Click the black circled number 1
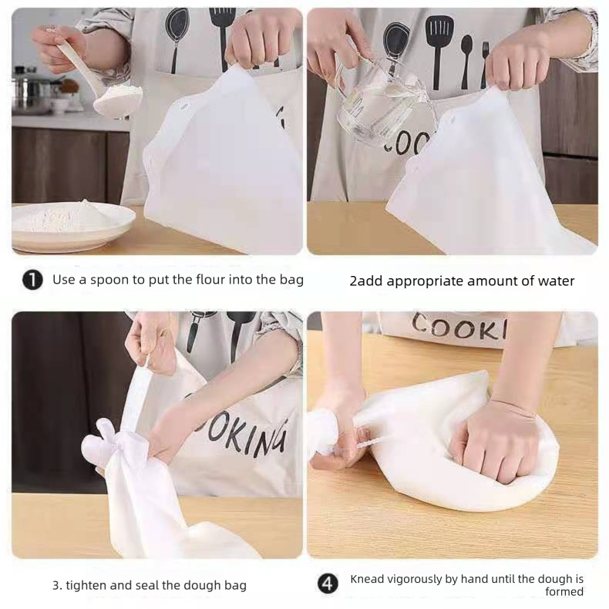[32, 280]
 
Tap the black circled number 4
[328, 584]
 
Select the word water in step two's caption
[556, 281]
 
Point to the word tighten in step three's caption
[86, 585]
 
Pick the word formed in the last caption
[564, 591]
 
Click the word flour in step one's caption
[210, 279]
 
